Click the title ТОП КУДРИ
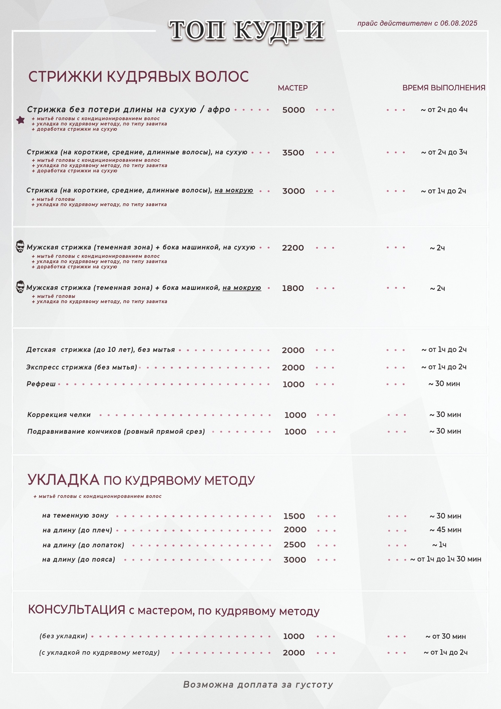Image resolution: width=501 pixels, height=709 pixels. [x=246, y=30]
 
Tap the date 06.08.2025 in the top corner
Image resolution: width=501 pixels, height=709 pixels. [x=459, y=23]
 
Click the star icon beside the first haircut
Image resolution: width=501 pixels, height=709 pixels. [x=21, y=120]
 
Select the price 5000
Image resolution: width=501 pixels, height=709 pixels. [x=293, y=110]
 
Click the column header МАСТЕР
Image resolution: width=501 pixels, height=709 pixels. [x=292, y=88]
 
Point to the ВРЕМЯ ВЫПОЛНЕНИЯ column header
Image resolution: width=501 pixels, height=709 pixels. [x=444, y=88]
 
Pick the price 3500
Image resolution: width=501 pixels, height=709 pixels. [x=293, y=153]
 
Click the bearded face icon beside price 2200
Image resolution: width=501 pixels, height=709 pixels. [x=20, y=246]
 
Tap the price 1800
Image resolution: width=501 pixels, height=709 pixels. [x=293, y=288]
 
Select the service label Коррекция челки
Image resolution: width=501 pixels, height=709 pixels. [x=59, y=415]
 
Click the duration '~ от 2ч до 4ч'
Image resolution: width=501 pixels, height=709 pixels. [x=444, y=110]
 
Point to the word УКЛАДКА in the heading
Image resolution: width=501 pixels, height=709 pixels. [x=63, y=479]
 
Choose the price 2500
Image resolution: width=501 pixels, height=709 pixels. [x=294, y=545]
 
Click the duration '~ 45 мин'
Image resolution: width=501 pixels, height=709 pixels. [x=445, y=530]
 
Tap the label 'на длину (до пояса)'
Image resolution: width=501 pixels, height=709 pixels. [x=78, y=559]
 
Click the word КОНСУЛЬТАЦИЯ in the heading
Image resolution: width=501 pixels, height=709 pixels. [x=76, y=610]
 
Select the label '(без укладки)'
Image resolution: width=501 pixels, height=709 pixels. [x=63, y=636]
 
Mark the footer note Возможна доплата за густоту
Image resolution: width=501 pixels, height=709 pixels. [x=258, y=685]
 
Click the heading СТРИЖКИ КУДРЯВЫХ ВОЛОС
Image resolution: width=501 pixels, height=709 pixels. [x=138, y=77]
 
